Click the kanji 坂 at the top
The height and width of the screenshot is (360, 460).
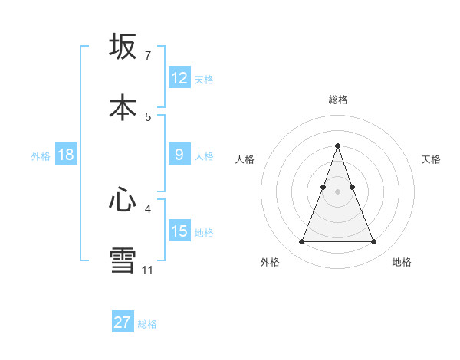[x=123, y=47]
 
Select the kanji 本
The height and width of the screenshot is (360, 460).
[x=123, y=107]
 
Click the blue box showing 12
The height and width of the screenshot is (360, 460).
[x=179, y=78]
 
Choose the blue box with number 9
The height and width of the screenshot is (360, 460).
[x=179, y=155]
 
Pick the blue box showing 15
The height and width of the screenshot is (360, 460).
[x=179, y=231]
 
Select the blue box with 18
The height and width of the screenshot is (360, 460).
[x=66, y=155]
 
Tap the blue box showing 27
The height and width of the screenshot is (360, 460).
[x=123, y=322]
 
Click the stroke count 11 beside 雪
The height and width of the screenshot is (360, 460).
[x=147, y=270]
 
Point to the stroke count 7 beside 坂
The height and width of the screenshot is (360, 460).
[x=147, y=56]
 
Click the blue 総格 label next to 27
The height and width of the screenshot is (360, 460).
[x=147, y=324]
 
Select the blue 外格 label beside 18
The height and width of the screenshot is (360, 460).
[x=41, y=156]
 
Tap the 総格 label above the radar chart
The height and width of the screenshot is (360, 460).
[x=337, y=100]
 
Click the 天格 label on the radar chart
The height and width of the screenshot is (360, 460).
[x=431, y=159]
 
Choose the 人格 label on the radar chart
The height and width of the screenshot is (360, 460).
[x=245, y=159]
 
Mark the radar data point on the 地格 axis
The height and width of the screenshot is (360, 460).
[x=374, y=242]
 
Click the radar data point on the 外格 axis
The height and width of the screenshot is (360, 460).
[x=301, y=242]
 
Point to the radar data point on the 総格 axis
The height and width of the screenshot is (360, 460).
[x=337, y=146]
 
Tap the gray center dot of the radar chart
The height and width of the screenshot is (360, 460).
[x=337, y=191]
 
